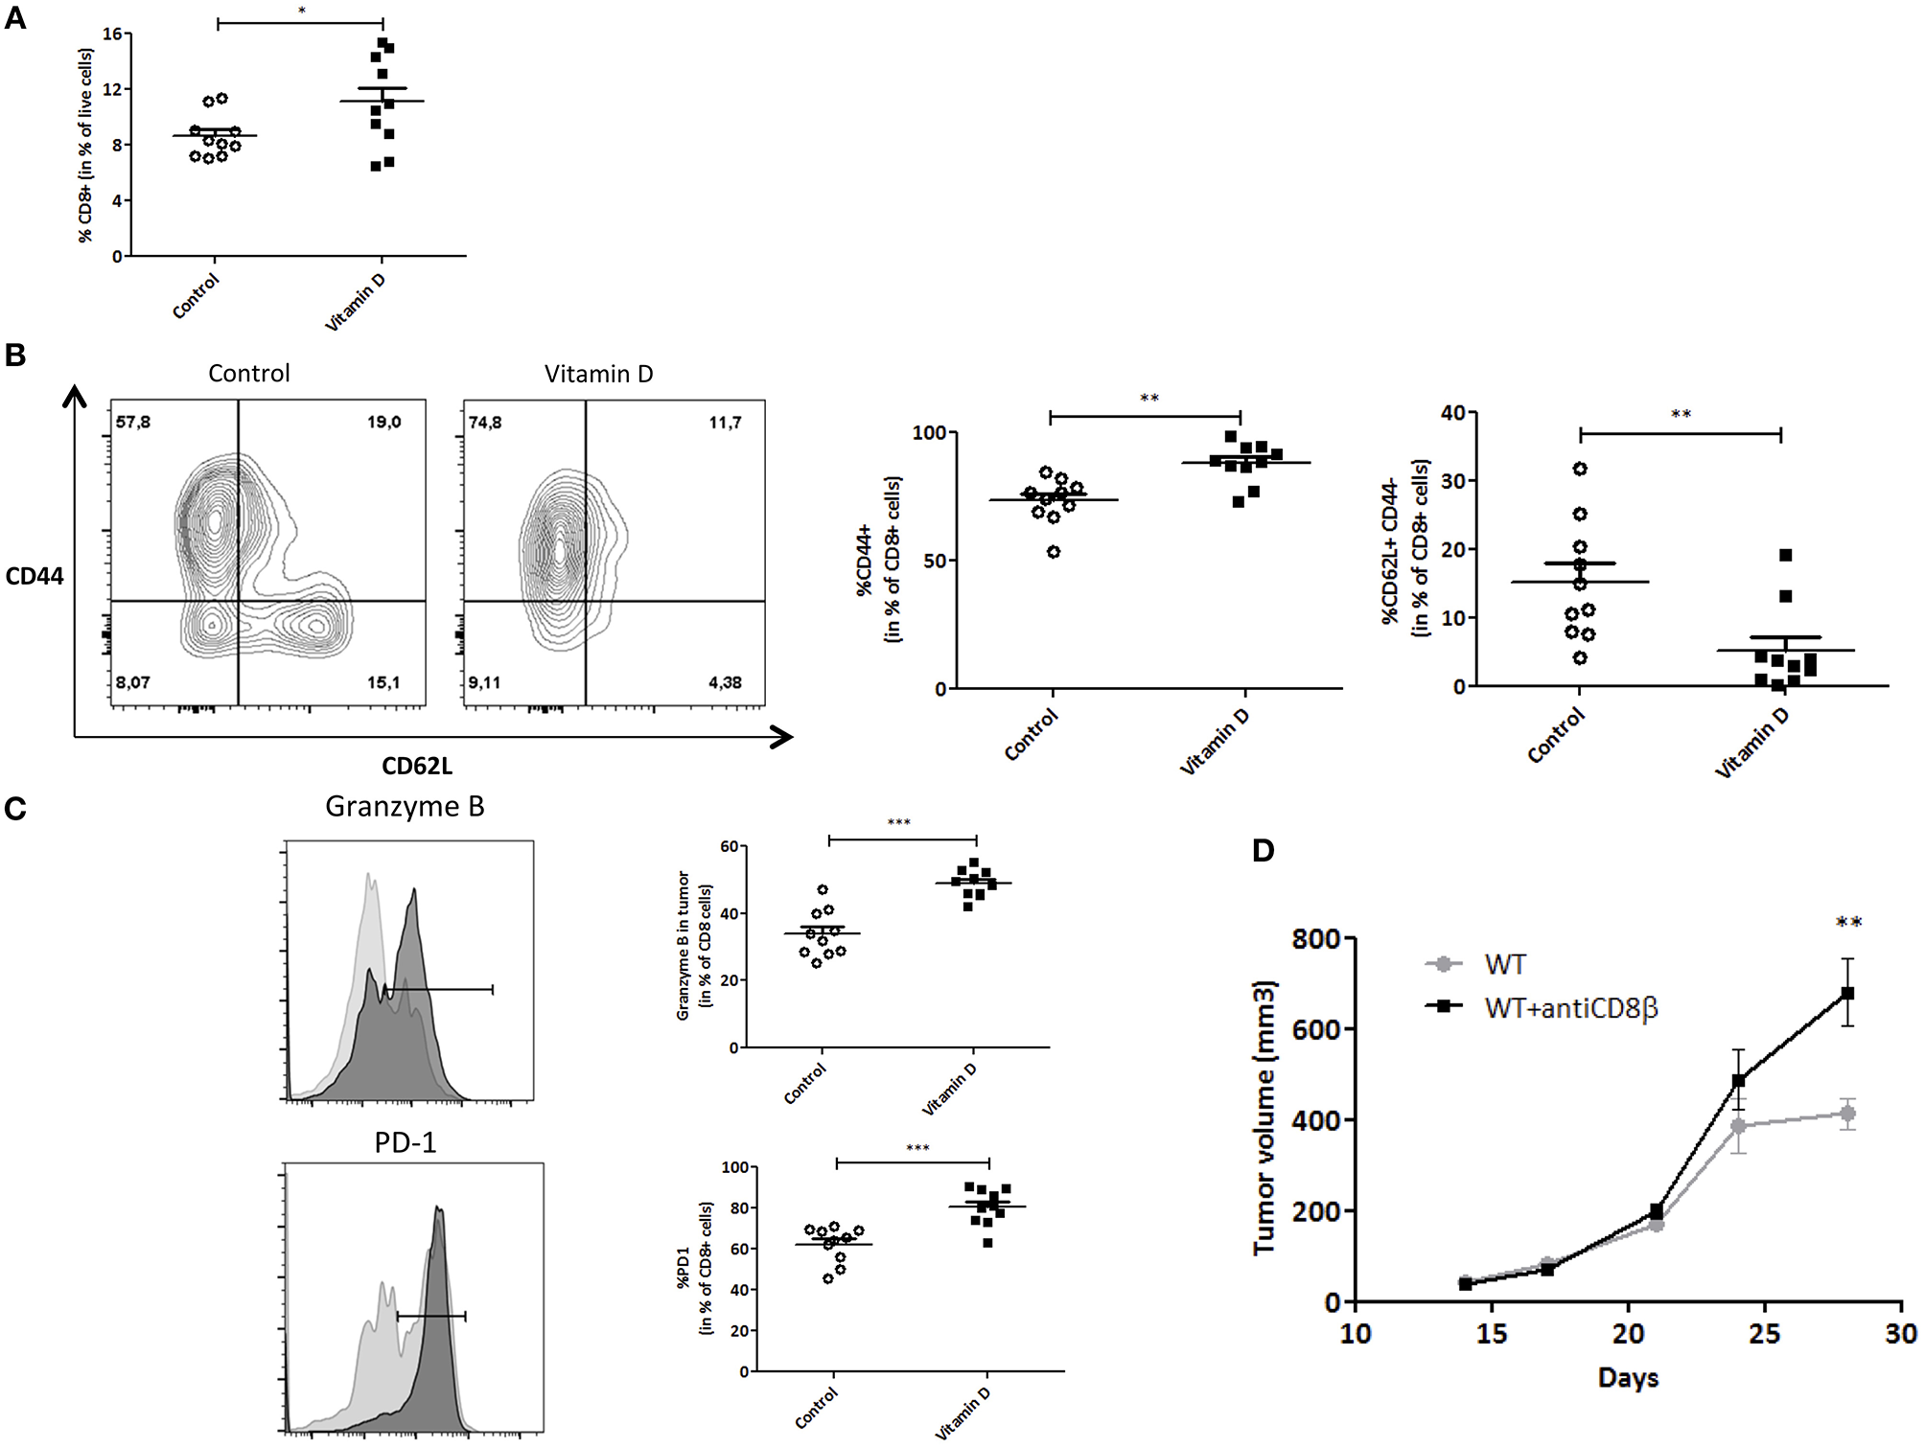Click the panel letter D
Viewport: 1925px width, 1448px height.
point(1264,850)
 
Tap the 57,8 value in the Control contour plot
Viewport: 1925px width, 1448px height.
point(133,423)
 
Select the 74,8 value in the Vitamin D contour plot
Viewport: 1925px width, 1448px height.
point(485,423)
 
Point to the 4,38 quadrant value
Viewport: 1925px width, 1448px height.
point(725,682)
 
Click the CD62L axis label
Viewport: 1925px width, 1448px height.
point(417,766)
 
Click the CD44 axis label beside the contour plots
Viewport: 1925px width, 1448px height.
point(35,576)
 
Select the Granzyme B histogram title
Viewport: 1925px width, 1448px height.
point(405,807)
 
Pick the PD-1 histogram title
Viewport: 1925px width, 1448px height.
point(405,1142)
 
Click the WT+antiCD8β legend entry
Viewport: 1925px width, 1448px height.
point(1570,1008)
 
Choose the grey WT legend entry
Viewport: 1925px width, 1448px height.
point(1504,964)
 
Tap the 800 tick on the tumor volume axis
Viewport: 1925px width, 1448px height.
point(1315,938)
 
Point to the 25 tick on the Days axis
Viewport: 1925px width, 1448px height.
point(1765,1334)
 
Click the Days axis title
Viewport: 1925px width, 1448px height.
point(1628,1378)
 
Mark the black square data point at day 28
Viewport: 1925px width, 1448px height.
point(1847,993)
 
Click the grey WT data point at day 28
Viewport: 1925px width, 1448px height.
point(1847,1114)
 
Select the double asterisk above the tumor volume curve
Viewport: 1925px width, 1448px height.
point(1848,923)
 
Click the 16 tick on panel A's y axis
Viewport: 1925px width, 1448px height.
point(112,34)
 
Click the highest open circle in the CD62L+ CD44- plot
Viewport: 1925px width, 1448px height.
point(1580,469)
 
